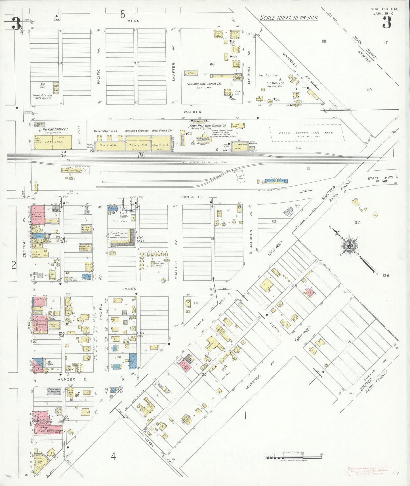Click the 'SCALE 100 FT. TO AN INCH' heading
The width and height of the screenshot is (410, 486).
tap(289, 18)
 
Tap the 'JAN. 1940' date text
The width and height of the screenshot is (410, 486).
tap(384, 13)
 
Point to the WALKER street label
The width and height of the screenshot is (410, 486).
tap(192, 112)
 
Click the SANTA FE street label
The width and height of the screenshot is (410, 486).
tap(192, 197)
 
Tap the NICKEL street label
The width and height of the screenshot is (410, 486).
tap(149, 441)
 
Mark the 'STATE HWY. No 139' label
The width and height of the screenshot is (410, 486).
tap(381, 179)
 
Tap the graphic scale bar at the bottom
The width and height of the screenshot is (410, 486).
tap(293, 456)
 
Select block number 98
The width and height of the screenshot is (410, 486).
tap(212, 64)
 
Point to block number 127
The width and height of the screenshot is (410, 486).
tap(356, 222)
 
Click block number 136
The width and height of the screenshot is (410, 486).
tap(386, 275)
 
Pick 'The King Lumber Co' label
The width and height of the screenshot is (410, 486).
tap(55, 129)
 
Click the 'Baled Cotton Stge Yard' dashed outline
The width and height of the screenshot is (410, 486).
tap(306, 133)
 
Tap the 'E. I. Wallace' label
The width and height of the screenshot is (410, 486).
tap(275, 83)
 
